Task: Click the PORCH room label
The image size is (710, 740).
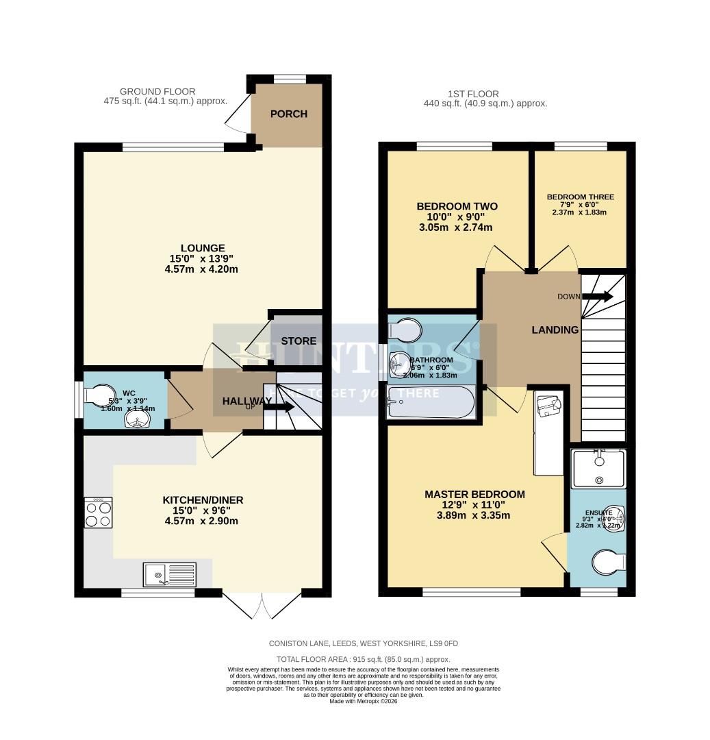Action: (288, 114)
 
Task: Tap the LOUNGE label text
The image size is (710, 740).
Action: (203, 248)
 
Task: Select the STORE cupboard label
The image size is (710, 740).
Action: (299, 341)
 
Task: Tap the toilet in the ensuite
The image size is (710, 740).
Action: (608, 563)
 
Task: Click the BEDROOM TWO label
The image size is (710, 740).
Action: (457, 206)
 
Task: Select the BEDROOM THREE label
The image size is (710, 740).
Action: (580, 197)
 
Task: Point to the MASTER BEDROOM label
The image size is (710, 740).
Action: (474, 494)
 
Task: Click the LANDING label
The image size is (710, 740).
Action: (555, 330)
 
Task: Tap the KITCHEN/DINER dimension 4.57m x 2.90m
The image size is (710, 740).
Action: (203, 521)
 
